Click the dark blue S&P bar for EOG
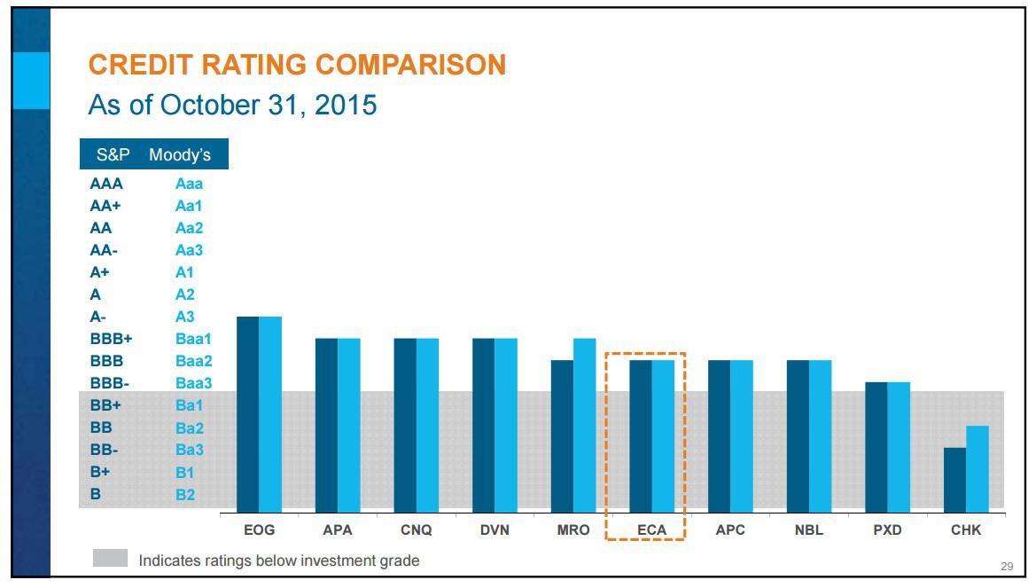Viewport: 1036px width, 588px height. pos(247,413)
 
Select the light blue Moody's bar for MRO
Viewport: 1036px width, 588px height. pos(584,425)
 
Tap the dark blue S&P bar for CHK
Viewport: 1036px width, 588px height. pos(954,479)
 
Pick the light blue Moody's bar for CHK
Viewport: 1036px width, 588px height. pos(978,468)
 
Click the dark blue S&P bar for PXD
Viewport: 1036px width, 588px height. pos(876,446)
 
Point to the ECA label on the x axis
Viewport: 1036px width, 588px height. pos(645,529)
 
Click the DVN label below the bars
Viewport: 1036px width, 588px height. pos(495,529)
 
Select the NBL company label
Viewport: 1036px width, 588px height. pos(809,529)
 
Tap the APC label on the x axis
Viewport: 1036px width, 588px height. pos(730,529)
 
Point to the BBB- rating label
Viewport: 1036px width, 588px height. pos(110,383)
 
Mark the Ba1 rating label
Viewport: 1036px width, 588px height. pos(189,405)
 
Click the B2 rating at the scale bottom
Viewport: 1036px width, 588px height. pos(185,495)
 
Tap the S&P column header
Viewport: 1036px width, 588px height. pos(113,155)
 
